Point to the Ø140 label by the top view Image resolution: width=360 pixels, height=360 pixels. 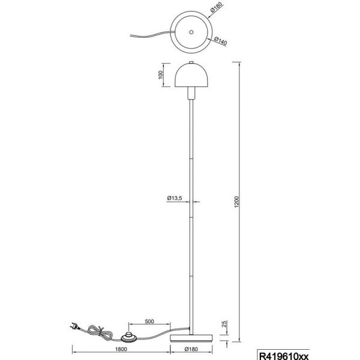[218, 43]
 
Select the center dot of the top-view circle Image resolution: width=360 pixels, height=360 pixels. [190, 31]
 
